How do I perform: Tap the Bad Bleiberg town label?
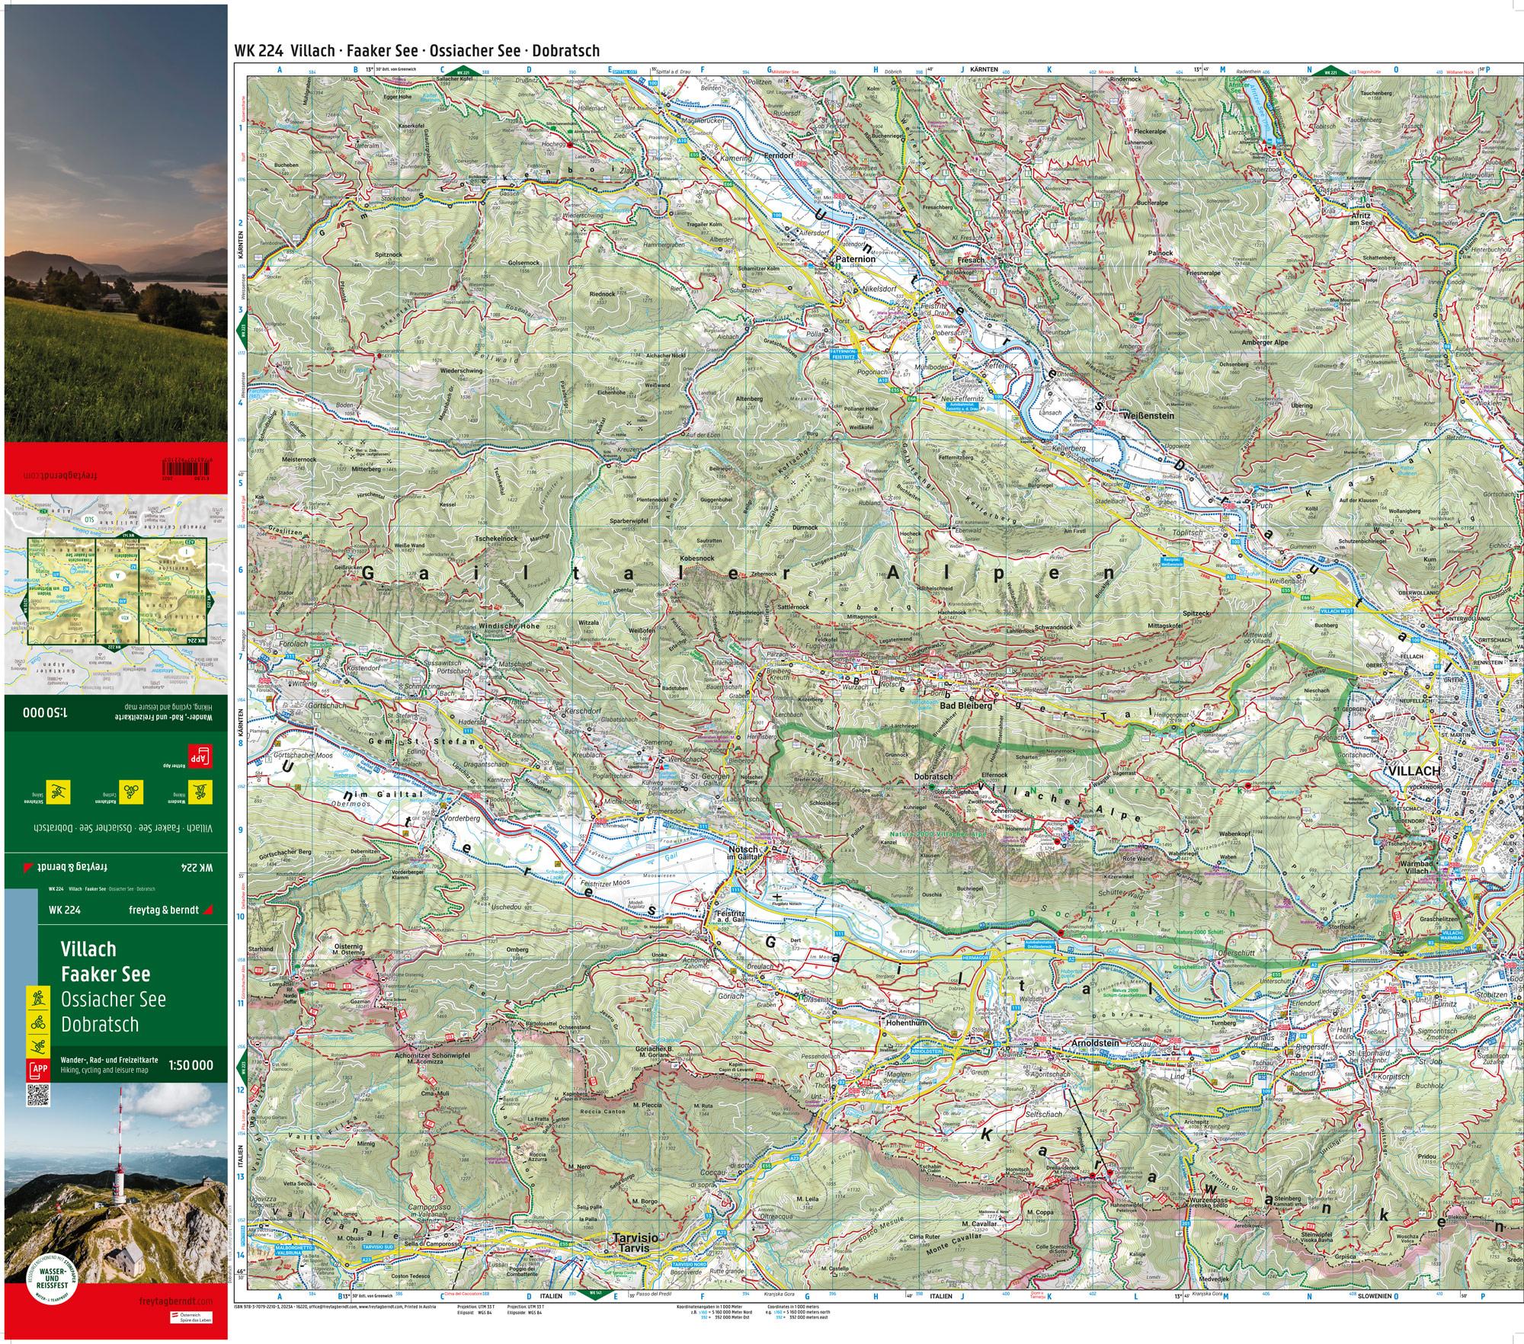click(966, 706)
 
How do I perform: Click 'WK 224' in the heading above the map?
click(260, 51)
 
